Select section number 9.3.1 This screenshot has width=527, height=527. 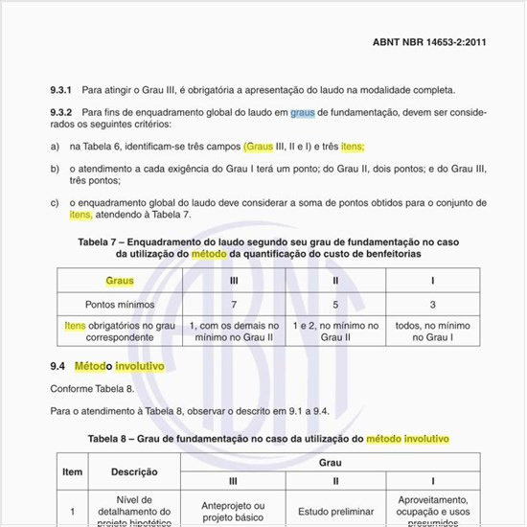62,90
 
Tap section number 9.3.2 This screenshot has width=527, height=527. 62,112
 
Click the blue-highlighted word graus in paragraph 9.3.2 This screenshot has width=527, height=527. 302,112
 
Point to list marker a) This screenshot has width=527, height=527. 55,147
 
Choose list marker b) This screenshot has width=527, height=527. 55,168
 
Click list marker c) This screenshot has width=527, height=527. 55,202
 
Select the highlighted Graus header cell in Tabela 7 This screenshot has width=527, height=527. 120,282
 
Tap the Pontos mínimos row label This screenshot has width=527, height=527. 120,304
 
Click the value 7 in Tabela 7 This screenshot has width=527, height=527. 235,304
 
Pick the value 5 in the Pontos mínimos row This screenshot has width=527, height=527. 335,304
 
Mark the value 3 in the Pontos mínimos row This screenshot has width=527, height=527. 432,304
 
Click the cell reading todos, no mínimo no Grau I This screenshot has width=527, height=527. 432,332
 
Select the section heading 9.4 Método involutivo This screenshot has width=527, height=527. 107,366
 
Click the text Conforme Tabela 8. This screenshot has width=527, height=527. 91,388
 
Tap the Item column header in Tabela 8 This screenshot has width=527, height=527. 73,471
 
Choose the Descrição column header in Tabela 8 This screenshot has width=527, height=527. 134,471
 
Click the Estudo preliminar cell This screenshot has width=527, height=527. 335,511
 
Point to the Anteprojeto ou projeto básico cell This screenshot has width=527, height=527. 234,511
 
